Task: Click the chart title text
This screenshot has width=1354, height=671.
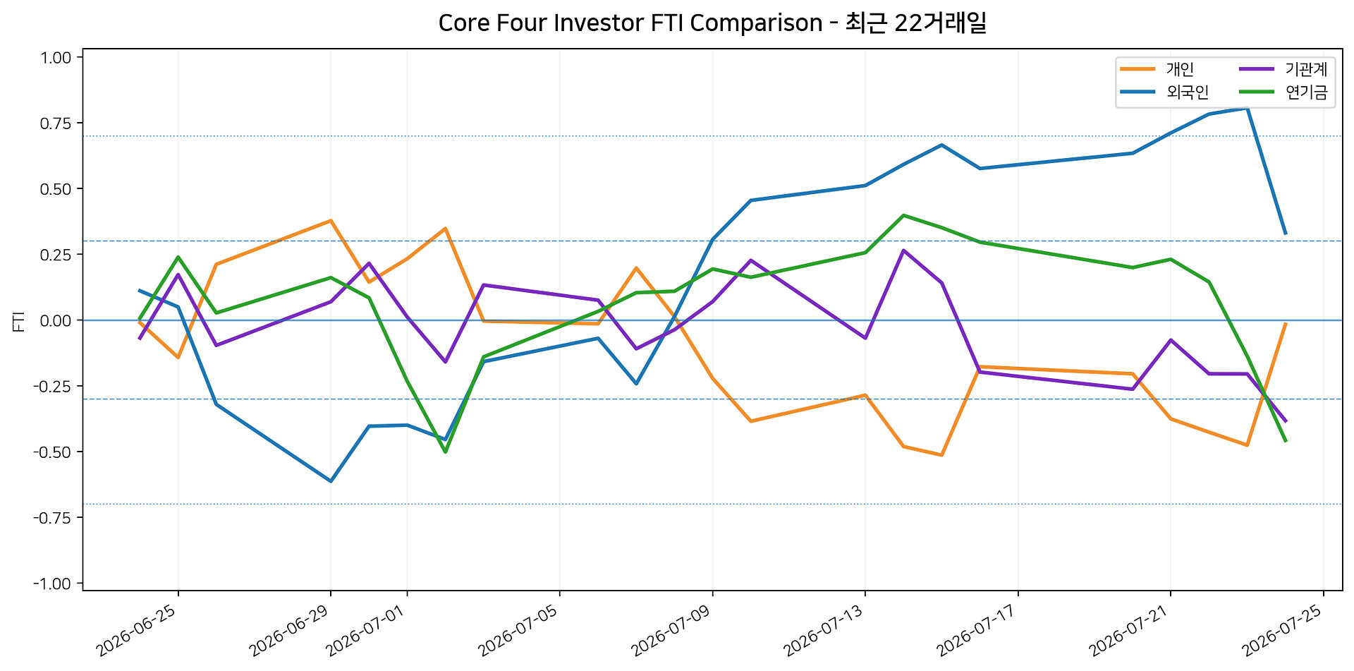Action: coord(712,23)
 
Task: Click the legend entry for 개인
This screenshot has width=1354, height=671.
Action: coord(1157,69)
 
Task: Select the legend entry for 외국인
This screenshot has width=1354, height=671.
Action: coord(1164,92)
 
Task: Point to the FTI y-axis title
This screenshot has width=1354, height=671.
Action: coord(19,321)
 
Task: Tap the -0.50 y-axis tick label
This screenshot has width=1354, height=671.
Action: coord(53,452)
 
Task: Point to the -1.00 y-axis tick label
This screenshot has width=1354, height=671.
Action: coord(53,584)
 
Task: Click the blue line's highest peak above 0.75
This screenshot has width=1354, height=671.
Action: coord(1248,108)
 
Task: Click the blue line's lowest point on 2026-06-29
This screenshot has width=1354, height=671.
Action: coord(331,481)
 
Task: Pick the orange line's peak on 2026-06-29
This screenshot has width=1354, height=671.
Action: coord(331,221)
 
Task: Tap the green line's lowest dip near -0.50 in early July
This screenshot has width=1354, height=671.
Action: coord(446,452)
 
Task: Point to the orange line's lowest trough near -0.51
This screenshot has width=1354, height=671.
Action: coord(942,455)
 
